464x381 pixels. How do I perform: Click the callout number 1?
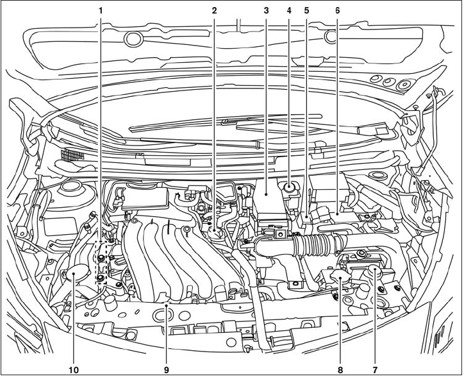[x=100, y=11]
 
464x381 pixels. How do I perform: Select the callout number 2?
[x=214, y=11]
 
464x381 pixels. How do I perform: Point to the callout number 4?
[x=289, y=11]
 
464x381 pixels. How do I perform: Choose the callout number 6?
[x=337, y=11]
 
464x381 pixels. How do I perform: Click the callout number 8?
[x=340, y=371]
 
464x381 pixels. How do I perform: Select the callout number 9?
[x=167, y=371]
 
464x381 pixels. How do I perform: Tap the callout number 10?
[x=73, y=371]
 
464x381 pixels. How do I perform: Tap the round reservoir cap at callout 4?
[x=290, y=188]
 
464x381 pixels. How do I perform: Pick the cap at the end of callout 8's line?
[x=338, y=278]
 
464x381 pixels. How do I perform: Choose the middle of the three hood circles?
[x=389, y=82]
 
